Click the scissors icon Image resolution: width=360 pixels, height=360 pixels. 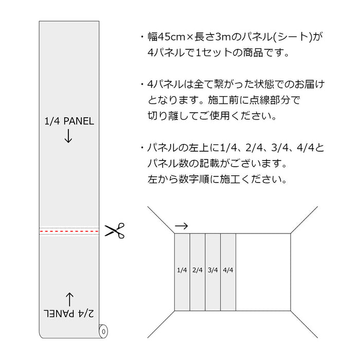tap(115, 230)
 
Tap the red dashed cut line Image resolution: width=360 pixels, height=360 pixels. tap(69, 231)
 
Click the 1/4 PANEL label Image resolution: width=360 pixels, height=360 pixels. tap(69, 121)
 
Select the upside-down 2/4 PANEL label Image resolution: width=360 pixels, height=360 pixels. tap(68, 313)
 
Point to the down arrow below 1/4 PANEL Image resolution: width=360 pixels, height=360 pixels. tap(68, 136)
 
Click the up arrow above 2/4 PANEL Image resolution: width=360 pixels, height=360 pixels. tap(69, 300)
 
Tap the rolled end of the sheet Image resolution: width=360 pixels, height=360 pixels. tap(103, 331)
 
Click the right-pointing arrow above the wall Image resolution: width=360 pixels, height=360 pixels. tap(182, 226)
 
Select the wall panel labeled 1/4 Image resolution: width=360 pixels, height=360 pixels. tap(182, 272)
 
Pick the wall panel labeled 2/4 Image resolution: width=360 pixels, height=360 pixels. tap(197, 272)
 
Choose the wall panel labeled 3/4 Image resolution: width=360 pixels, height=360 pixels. tap(213, 272)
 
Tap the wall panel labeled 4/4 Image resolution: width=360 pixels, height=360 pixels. tap(228, 272)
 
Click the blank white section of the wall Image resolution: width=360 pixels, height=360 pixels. tap(263, 272)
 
